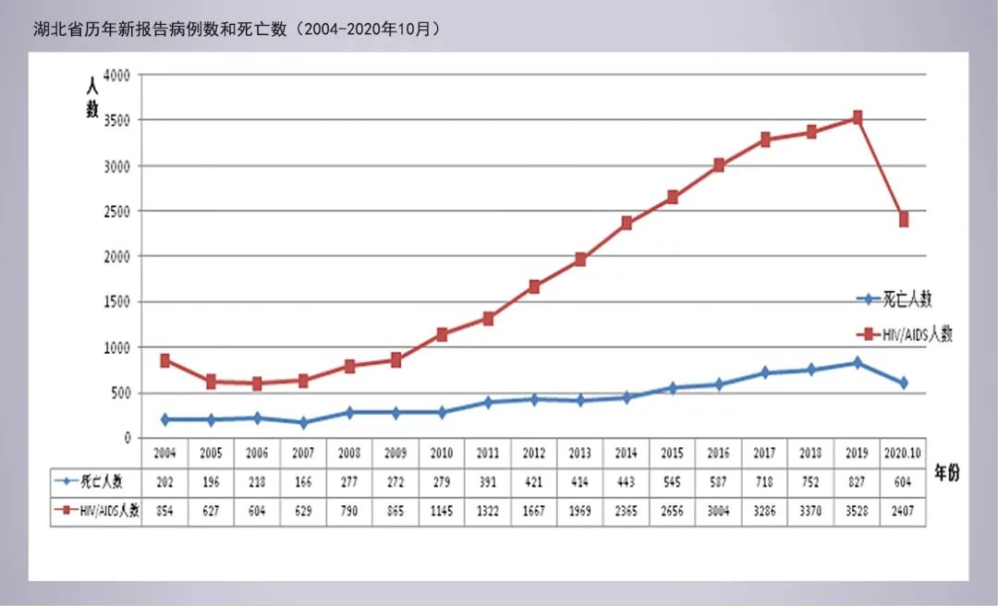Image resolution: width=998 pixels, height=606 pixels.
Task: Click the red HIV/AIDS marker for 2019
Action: tap(858, 117)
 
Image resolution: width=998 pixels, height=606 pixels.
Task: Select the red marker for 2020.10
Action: tap(904, 220)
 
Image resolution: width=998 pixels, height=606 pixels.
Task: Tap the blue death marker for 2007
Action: tap(303, 423)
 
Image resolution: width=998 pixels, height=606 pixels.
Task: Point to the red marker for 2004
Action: tap(164, 360)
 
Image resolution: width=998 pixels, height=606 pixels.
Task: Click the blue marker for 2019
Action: tap(858, 363)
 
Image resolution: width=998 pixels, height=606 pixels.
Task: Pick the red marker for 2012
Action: tap(534, 286)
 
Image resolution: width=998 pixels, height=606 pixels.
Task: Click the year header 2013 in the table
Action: tap(580, 454)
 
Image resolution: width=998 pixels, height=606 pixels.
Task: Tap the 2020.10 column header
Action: tap(904, 454)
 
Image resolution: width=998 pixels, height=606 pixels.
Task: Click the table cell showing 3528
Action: tap(858, 511)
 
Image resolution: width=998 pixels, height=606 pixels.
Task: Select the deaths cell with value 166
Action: tap(303, 481)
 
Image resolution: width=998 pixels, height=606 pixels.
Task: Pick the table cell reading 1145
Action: tap(442, 511)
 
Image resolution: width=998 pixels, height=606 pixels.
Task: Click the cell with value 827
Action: tap(858, 481)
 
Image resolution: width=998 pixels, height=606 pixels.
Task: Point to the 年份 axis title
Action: tap(946, 473)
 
